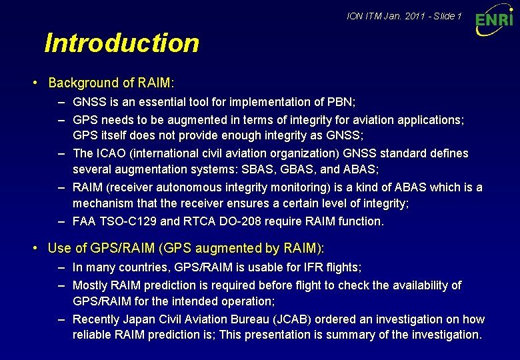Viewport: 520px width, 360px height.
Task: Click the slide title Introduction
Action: [x=121, y=43]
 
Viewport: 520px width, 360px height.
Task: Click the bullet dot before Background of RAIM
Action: [x=35, y=83]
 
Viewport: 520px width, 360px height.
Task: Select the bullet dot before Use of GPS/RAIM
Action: [x=35, y=249]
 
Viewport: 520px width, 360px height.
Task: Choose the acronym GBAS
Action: [x=297, y=169]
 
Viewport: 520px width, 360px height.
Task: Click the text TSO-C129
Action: [x=126, y=221]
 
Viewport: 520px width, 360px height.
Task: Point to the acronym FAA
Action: [x=85, y=221]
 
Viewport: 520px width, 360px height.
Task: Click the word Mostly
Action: [x=90, y=285]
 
